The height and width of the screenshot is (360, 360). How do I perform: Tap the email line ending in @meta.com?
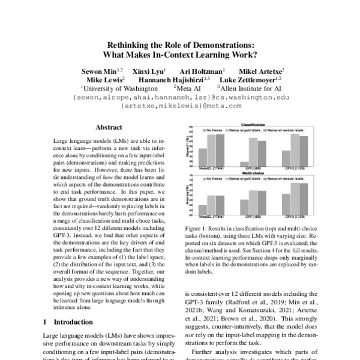coord(180,105)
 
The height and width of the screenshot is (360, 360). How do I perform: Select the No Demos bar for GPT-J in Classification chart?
coord(244,164)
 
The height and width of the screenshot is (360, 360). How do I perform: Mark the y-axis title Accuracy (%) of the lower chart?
coord(190,196)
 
